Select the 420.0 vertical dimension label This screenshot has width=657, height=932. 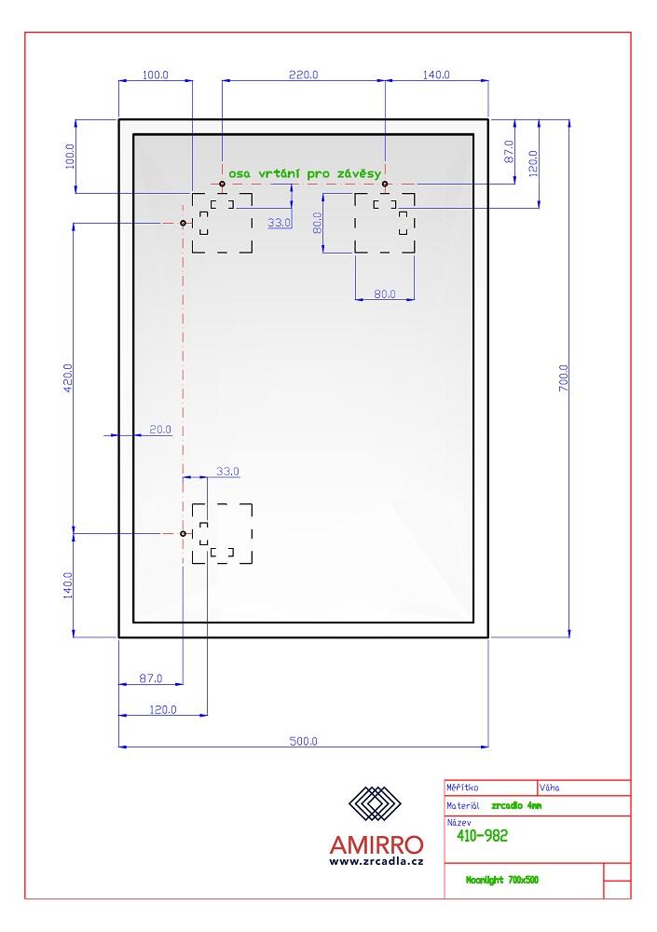[x=67, y=378]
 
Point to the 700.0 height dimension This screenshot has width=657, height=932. [x=563, y=378]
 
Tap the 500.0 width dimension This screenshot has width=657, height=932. [x=304, y=741]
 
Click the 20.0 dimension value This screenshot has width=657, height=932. [x=160, y=430]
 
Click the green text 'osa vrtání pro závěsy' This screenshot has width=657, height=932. [x=306, y=173]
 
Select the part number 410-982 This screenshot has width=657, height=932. [x=482, y=836]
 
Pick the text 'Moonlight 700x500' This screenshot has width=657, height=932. [x=502, y=880]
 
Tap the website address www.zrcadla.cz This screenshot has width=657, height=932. [x=376, y=862]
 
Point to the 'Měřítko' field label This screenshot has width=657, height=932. [x=464, y=788]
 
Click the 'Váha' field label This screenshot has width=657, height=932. [x=549, y=788]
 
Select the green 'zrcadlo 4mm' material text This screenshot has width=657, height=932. [x=515, y=805]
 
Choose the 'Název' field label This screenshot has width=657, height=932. [x=459, y=823]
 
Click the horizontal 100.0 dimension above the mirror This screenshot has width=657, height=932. [x=155, y=75]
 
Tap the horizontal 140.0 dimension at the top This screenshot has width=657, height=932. [x=436, y=75]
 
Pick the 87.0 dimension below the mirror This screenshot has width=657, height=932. [x=150, y=678]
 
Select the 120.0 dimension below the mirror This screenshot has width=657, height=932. [x=163, y=710]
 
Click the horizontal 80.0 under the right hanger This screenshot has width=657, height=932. [x=384, y=295]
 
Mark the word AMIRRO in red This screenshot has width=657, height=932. [x=376, y=844]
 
